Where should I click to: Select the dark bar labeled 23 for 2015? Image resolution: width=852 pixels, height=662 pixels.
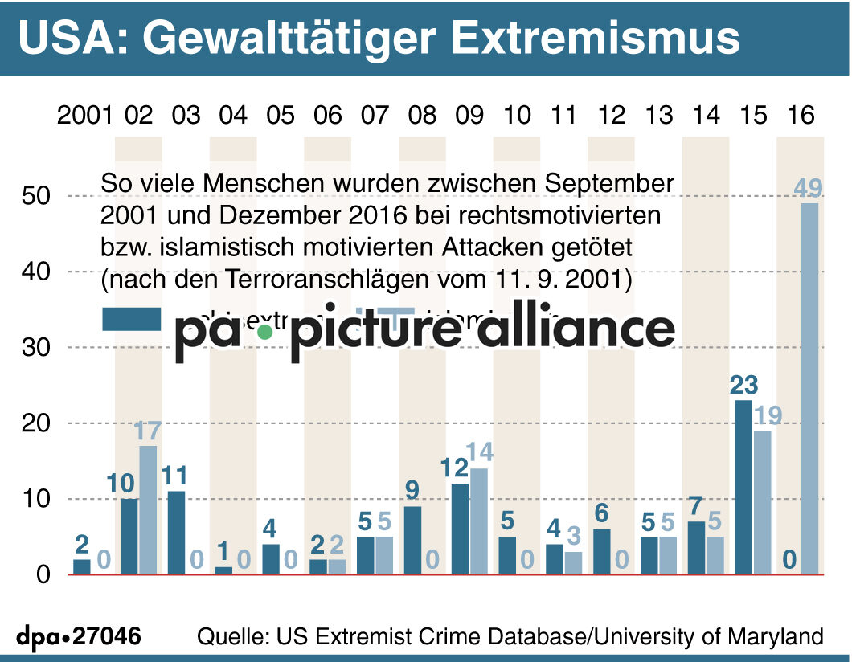coord(743,487)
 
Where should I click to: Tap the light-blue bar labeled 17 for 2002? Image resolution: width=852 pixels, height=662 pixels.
coord(148,509)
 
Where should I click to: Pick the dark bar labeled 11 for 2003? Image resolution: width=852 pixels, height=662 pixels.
coord(176,532)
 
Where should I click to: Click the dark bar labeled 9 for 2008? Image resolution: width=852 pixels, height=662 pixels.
coord(412,540)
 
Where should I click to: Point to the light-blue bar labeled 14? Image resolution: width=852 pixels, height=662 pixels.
coord(479,521)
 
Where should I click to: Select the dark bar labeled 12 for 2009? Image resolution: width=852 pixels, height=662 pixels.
coord(460,528)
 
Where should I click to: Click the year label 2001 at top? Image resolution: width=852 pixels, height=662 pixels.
coord(84,116)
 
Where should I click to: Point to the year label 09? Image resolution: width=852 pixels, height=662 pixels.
coord(469,116)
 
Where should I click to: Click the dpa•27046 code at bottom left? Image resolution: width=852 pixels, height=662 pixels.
coord(79,636)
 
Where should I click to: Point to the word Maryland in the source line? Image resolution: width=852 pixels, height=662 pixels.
coord(776,636)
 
